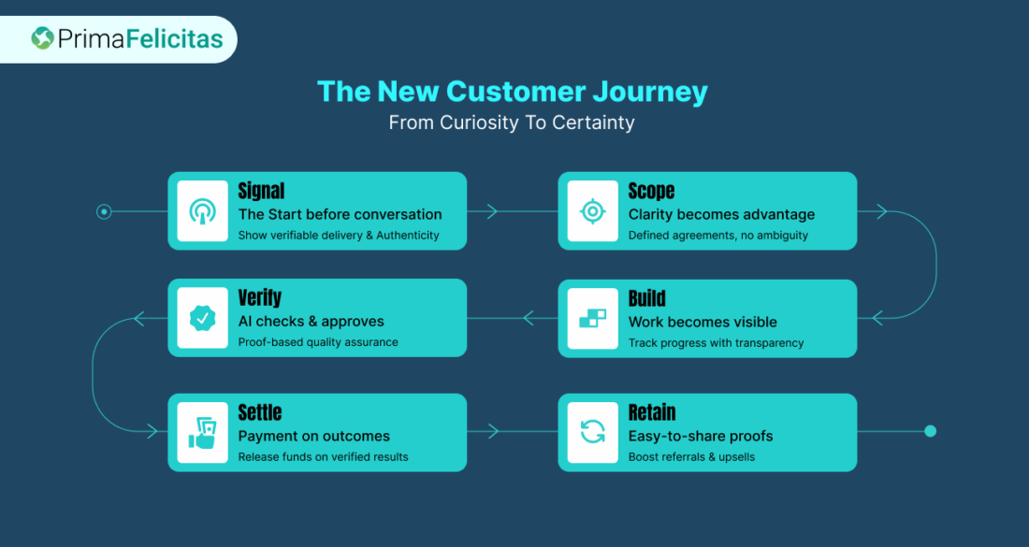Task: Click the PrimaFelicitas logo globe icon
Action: tap(43, 38)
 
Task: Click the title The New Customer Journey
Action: tap(513, 92)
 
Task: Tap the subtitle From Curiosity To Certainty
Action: tap(512, 122)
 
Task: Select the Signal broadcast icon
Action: tap(202, 211)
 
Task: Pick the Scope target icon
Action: tap(592, 211)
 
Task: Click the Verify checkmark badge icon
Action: tap(202, 319)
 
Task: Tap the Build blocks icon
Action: tap(592, 319)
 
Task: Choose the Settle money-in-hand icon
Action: tap(202, 432)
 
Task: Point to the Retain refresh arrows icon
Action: tap(592, 432)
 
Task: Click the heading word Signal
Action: tap(261, 191)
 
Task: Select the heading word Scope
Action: tap(651, 191)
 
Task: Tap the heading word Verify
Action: tap(259, 298)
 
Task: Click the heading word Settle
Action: tap(259, 412)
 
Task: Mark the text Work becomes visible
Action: tap(703, 322)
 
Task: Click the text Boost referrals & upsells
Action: tap(691, 457)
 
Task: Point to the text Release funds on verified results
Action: tap(323, 457)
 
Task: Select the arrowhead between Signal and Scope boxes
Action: tap(492, 212)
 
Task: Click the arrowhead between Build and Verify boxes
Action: tap(529, 319)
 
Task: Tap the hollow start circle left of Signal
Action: tap(104, 212)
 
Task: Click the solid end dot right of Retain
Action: tap(930, 431)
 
